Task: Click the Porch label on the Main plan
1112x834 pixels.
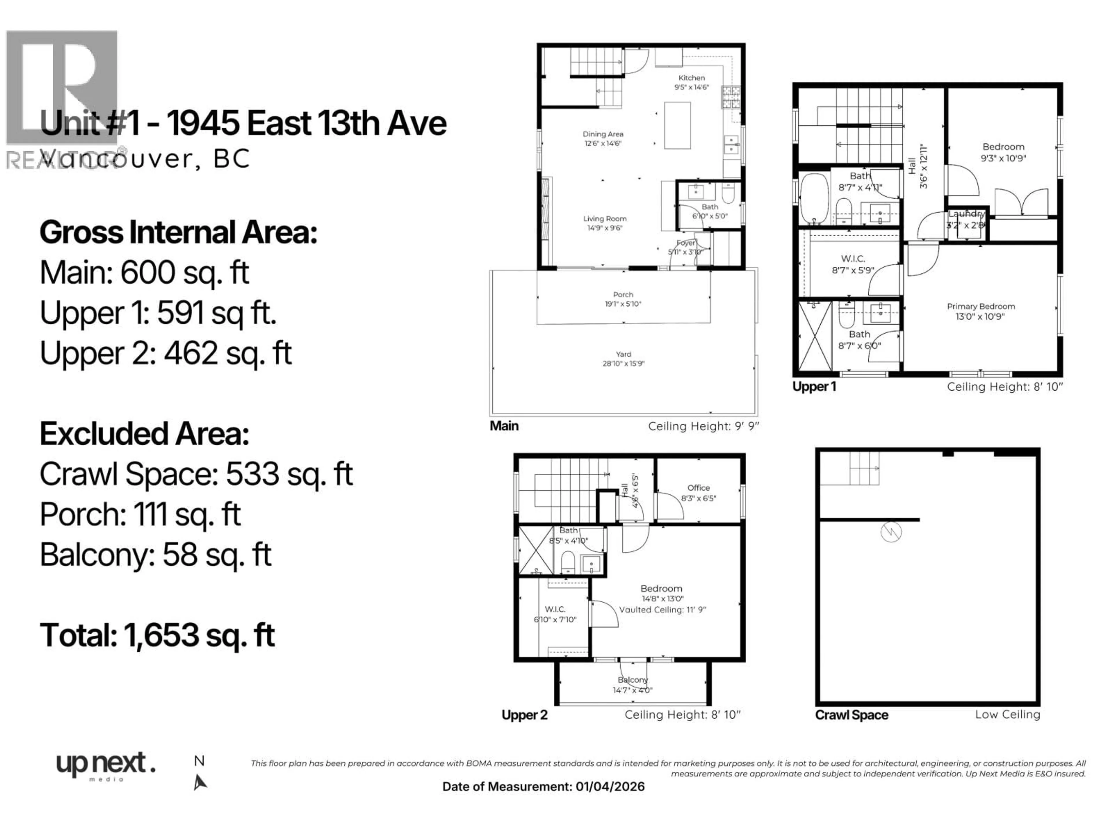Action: pos(623,295)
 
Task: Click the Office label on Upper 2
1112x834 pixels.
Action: pos(698,488)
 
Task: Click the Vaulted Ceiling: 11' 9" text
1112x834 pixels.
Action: pos(662,610)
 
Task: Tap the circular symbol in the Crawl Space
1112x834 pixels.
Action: pos(891,532)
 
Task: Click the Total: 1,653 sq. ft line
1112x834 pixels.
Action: pos(157,635)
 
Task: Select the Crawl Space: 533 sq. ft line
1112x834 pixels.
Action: pos(196,474)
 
